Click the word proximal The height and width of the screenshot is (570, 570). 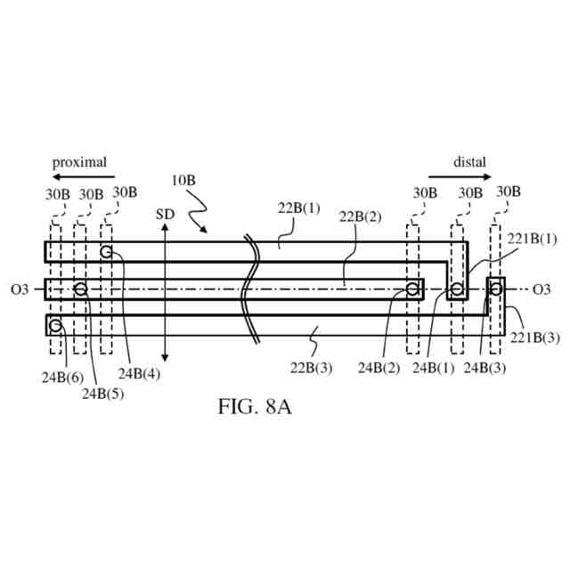tap(79, 162)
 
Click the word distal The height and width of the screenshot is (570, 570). tap(470, 162)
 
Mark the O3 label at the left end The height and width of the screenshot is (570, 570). tap(20, 289)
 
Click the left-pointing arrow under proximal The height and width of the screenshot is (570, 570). tap(79, 178)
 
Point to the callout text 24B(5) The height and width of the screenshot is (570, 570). tap(103, 392)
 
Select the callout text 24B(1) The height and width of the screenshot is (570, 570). tap(434, 367)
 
